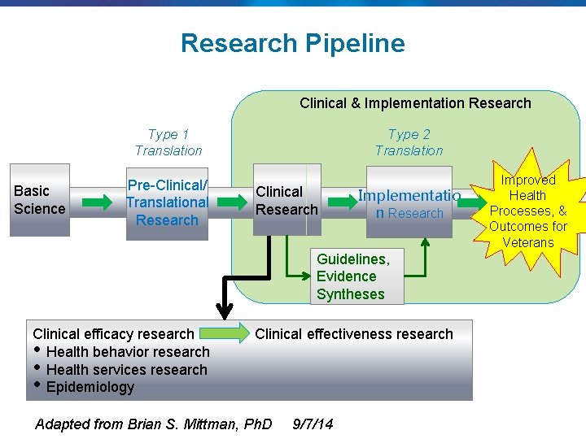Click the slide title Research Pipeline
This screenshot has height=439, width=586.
click(x=292, y=43)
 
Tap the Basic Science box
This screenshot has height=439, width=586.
click(x=40, y=200)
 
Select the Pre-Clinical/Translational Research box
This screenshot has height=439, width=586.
click(x=168, y=202)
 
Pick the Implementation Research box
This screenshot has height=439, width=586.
click(x=409, y=203)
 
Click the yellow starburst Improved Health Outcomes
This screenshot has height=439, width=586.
click(x=528, y=211)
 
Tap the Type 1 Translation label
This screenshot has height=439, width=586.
click(x=168, y=142)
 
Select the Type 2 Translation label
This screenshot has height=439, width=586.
click(x=409, y=142)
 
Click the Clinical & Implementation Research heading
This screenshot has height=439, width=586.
click(x=415, y=103)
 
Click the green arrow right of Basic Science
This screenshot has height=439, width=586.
click(x=99, y=202)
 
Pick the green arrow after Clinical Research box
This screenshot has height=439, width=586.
click(x=338, y=202)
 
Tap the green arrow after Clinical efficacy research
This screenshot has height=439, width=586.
click(x=224, y=333)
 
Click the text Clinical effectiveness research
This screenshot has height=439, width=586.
click(x=354, y=334)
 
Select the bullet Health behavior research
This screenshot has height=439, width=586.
click(x=128, y=352)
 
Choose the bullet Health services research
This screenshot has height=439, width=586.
click(x=127, y=370)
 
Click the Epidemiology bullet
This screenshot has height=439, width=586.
click(x=90, y=388)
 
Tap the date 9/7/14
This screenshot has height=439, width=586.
click(x=313, y=424)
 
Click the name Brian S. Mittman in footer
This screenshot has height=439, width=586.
click(x=198, y=424)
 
